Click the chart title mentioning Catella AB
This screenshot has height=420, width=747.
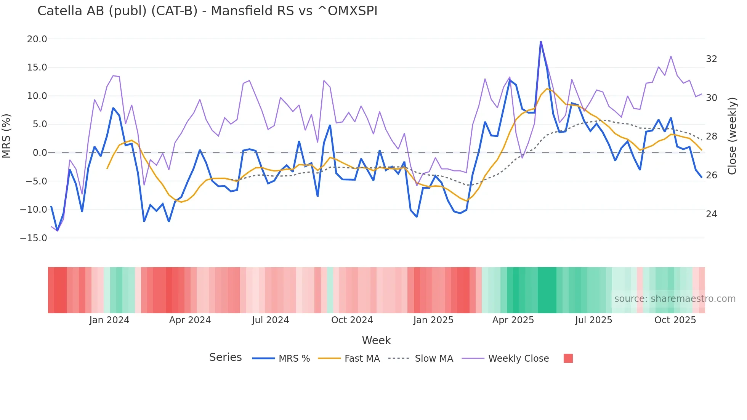tap(207, 11)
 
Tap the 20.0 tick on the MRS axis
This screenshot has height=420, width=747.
tap(37, 39)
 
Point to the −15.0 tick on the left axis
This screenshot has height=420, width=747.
tap(34, 238)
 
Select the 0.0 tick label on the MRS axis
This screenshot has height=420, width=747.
tap(40, 153)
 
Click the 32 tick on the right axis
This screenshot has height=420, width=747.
tap(711, 59)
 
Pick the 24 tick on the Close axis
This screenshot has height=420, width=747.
tap(711, 214)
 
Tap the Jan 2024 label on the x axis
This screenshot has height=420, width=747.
tap(109, 320)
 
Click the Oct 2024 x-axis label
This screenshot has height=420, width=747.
tap(352, 320)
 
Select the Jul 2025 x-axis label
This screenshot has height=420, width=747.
tap(593, 320)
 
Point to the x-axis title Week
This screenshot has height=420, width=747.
tap(376, 340)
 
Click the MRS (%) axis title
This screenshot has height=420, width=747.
tap(6, 136)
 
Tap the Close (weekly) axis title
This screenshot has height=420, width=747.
tap(732, 136)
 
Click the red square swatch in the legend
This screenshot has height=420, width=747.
tap(568, 358)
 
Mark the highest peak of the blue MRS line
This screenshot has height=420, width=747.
tap(540, 42)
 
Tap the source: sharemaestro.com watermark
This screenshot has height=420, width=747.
tap(675, 299)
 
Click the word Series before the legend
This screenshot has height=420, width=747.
tap(225, 357)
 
